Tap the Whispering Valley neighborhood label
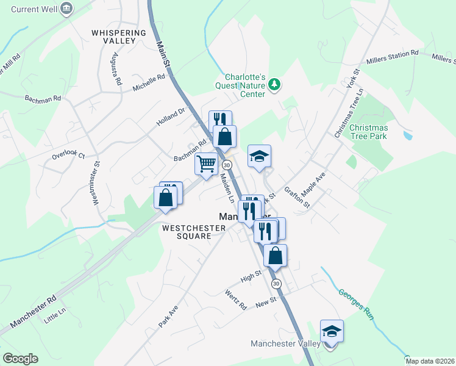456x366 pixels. [x=119, y=36]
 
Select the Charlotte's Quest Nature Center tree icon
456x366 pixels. [x=274, y=84]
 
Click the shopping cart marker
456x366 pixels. [x=206, y=163]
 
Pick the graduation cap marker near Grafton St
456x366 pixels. [x=259, y=157]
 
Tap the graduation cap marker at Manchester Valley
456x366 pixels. [x=332, y=332]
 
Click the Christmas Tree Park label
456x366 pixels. [x=369, y=132]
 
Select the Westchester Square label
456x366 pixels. [x=193, y=232]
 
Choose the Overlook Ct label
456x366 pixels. [x=68, y=155]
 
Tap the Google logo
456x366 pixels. [x=20, y=359]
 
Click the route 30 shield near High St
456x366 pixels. [x=276, y=284]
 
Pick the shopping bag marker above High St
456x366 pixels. [x=276, y=255]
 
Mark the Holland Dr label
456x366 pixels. [x=170, y=117]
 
